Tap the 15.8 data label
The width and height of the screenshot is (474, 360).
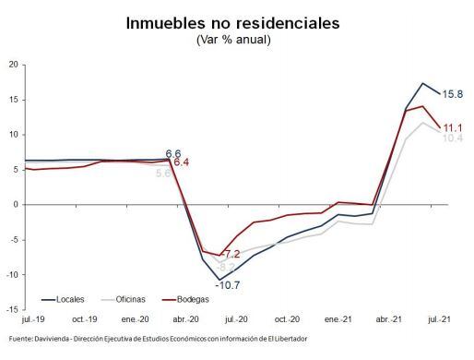point(453,93)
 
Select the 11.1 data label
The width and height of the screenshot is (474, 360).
point(452,127)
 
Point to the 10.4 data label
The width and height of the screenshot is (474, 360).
point(452,138)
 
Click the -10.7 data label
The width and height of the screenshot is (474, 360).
point(227,285)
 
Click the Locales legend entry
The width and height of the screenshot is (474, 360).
point(70,300)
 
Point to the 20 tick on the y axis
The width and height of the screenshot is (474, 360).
point(13,65)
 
